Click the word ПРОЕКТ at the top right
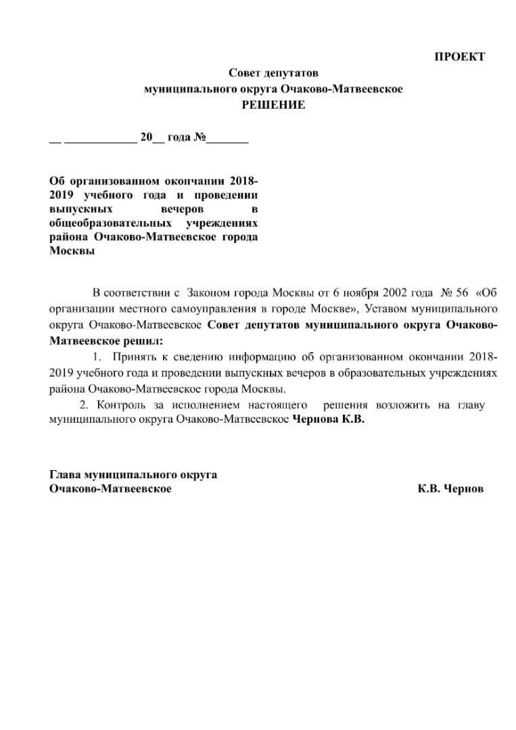(x=459, y=57)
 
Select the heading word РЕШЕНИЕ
(x=274, y=105)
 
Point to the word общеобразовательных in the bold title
(x=108, y=223)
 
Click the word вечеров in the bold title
(x=183, y=209)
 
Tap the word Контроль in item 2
(x=119, y=405)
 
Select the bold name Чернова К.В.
(x=327, y=419)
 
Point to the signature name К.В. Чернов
(x=450, y=488)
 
